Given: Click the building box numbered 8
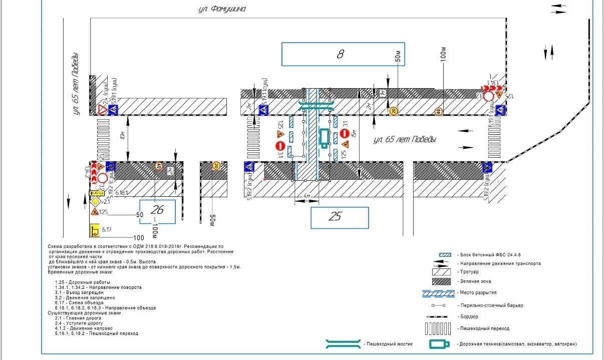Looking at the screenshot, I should pos(341,54).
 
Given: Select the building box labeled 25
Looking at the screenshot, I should pos(340,217).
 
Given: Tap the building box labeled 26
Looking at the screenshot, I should pos(158,211).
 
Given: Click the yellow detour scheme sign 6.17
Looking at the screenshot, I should pos(94,230).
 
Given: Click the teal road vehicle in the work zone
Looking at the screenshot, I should pos(325,138).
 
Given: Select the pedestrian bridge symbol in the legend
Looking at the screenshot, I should pos(343,344).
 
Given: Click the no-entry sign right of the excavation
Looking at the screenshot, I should pos(345,133).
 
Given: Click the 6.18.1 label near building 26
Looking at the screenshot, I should pos(122,192).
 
